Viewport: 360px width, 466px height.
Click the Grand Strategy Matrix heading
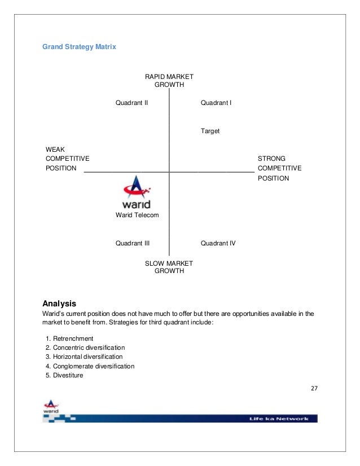[79, 47]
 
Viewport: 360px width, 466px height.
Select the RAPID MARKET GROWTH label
[169, 81]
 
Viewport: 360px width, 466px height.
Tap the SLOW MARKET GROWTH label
[169, 267]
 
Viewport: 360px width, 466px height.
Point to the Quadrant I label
[217, 103]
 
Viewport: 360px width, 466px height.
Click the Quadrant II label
[131, 103]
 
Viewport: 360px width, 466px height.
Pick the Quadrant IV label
[218, 243]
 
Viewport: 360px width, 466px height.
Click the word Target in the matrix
[210, 131]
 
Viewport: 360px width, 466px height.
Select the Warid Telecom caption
[137, 216]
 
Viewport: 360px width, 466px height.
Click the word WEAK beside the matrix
[55, 149]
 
